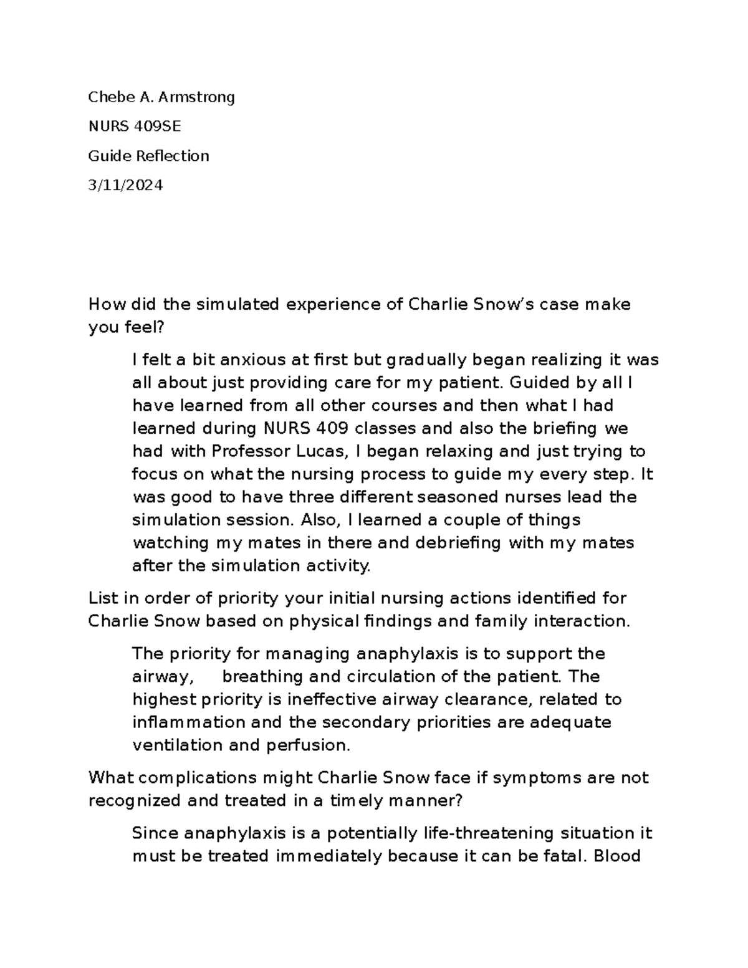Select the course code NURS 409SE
pyautogui.click(x=135, y=127)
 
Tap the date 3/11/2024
pyautogui.click(x=125, y=185)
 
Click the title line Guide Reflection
pyautogui.click(x=148, y=156)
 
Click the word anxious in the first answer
pyautogui.click(x=247, y=360)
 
